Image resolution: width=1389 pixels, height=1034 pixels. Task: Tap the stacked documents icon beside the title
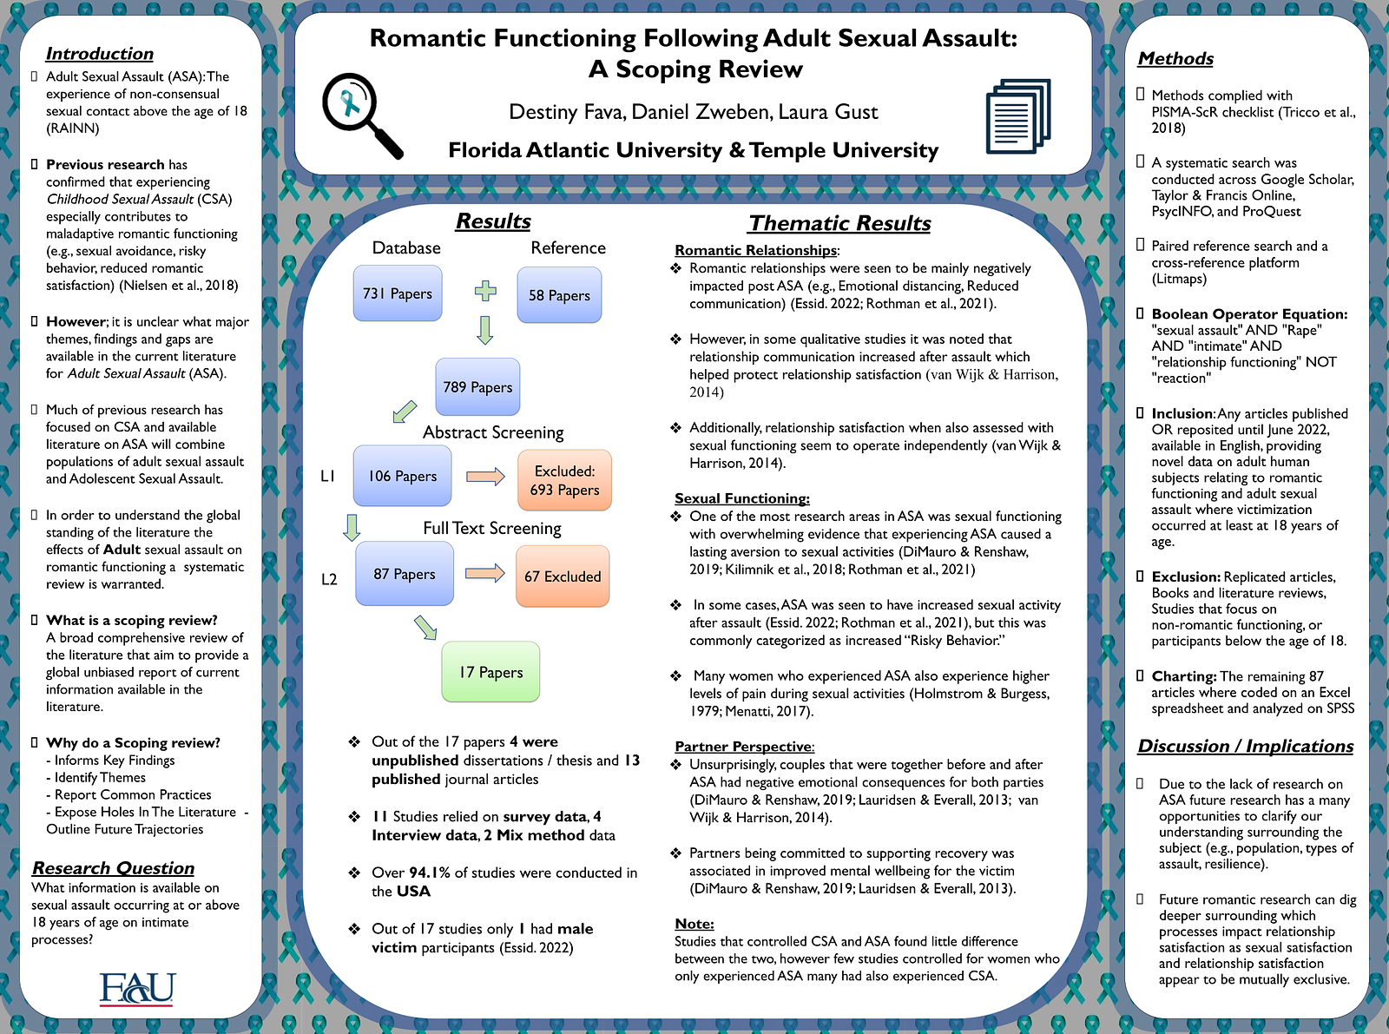(1018, 115)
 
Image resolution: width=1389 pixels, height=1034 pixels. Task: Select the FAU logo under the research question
(137, 989)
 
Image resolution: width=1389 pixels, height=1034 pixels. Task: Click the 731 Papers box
(398, 293)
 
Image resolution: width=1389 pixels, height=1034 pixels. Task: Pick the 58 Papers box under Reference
(559, 295)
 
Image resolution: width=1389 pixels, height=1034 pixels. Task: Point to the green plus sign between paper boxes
(485, 291)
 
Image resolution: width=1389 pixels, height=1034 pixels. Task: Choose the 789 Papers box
(477, 387)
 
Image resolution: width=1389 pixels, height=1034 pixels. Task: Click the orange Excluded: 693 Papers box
(564, 480)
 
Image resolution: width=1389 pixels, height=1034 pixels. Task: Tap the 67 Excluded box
(563, 576)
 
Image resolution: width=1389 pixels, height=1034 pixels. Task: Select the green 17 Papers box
(490, 672)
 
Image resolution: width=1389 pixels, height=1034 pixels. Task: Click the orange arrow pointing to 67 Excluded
(484, 573)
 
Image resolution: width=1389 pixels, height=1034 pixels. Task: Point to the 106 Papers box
(402, 476)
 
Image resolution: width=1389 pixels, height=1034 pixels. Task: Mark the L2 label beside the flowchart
(329, 579)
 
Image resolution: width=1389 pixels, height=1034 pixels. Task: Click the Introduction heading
(100, 54)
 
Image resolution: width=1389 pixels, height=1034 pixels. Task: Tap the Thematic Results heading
(839, 223)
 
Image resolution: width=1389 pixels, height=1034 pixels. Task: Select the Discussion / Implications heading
(1246, 746)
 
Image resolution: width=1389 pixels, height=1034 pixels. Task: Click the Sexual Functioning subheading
(742, 498)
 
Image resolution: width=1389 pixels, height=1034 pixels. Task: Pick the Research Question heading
(114, 868)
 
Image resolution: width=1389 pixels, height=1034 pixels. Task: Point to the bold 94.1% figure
(430, 873)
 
